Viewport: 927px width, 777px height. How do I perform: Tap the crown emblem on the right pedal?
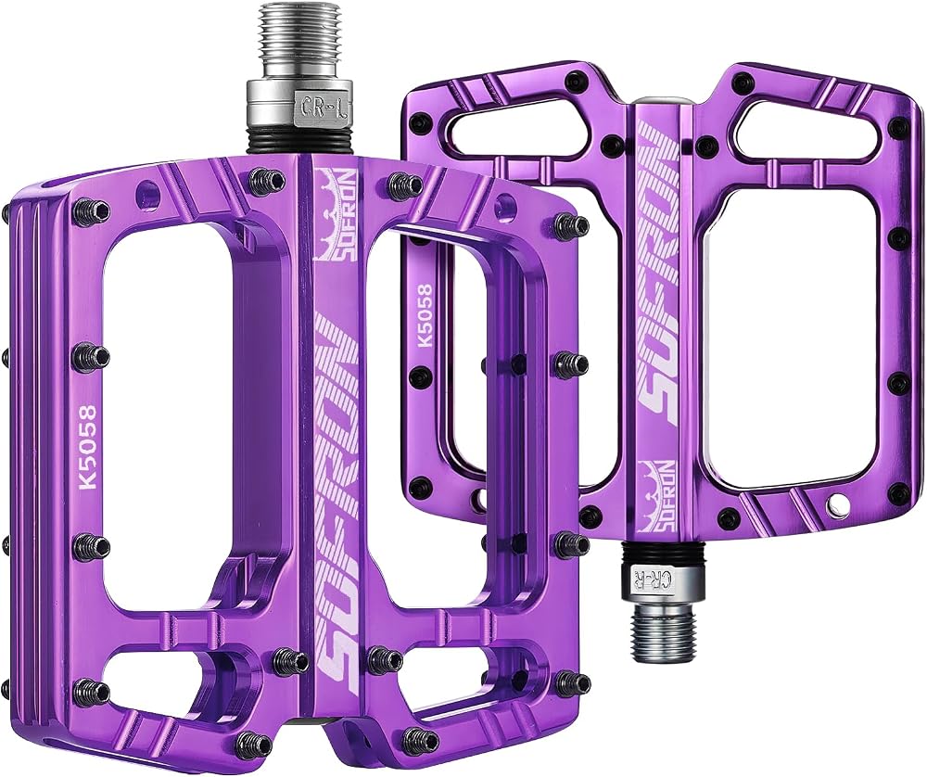click(658, 494)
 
